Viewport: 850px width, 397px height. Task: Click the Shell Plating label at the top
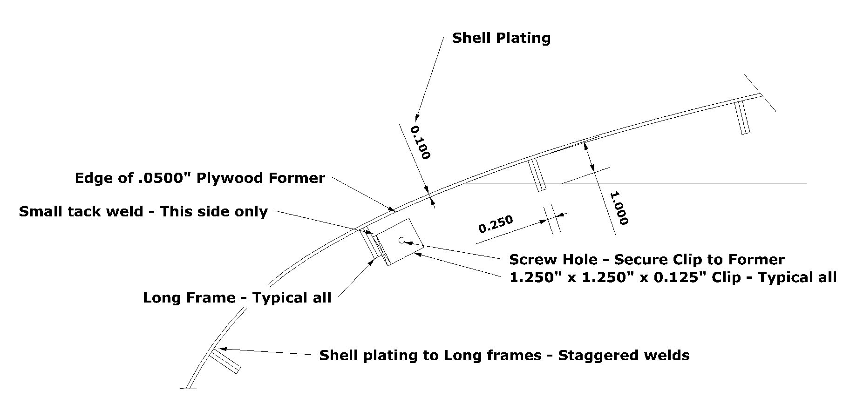pos(501,38)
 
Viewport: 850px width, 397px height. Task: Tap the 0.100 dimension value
pos(420,142)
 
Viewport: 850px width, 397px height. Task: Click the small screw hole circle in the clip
pos(402,240)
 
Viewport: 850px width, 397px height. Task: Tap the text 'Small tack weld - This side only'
pos(143,211)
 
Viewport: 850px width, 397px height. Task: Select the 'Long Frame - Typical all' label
pos(237,297)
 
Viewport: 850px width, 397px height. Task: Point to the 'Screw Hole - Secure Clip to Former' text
pos(646,259)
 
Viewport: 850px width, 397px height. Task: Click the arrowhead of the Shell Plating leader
pos(417,117)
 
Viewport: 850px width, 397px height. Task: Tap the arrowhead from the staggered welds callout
pos(223,348)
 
